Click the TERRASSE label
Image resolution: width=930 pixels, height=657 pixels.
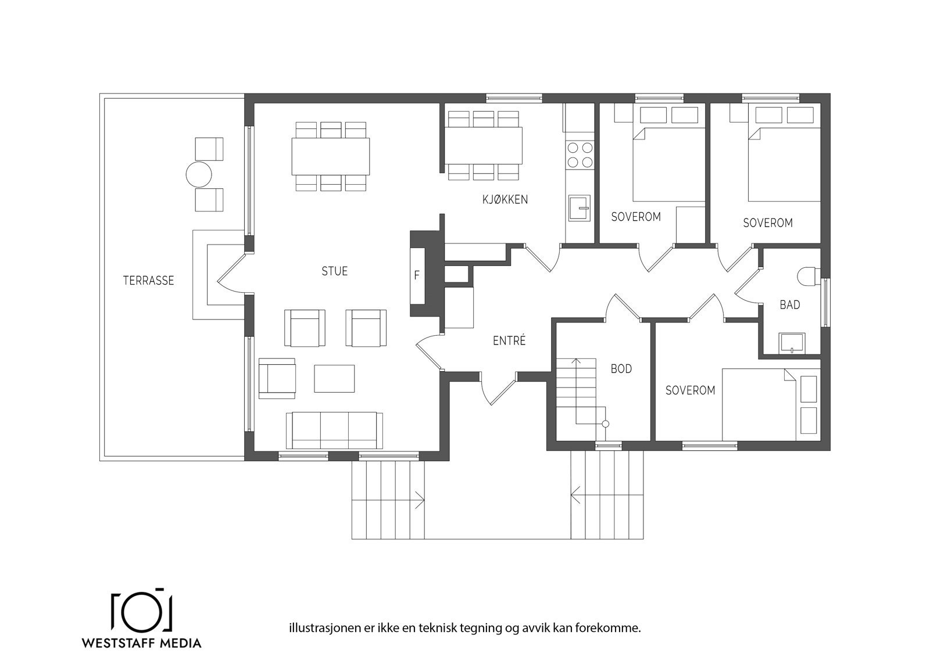[x=148, y=281]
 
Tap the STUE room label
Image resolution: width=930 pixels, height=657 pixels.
[x=335, y=271]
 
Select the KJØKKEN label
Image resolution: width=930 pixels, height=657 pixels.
[x=505, y=200]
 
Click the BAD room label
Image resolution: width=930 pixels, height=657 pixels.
[x=790, y=305]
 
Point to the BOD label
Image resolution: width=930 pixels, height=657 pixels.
[x=621, y=369]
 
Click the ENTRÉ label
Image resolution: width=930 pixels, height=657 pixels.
[x=509, y=341]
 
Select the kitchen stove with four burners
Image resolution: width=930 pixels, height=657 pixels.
[x=580, y=155]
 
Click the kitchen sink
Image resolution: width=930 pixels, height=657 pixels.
[x=579, y=208]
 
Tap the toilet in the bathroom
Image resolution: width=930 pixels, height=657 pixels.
[x=807, y=275]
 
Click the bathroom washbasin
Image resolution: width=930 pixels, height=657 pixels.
[x=792, y=343]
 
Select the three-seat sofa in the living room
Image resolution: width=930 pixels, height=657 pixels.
[x=334, y=430]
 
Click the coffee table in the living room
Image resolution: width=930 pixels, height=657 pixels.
[x=334, y=378]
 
